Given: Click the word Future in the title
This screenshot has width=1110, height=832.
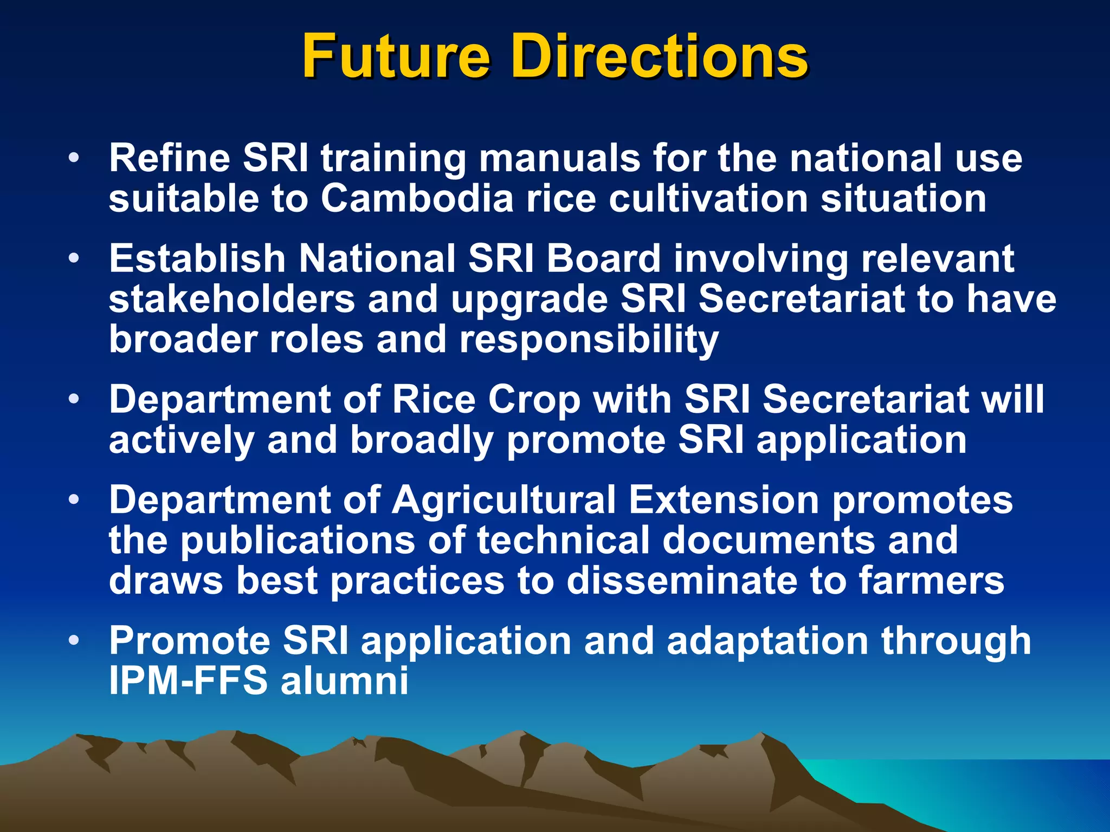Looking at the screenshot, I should coord(396,56).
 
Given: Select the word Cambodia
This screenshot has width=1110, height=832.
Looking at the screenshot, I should coord(416,198).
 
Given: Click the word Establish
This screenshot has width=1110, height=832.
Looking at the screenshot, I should coord(197,258).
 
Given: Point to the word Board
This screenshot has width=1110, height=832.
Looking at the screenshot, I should coord(603,258).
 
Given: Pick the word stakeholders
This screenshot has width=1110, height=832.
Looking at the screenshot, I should coord(231,299).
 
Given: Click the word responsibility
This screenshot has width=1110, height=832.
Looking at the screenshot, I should coord(589,340).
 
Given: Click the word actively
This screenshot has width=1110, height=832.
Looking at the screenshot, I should coord(182,440).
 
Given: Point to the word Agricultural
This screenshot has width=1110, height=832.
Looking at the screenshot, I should coord(504,500).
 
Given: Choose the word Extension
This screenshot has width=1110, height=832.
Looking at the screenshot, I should coord(724,500).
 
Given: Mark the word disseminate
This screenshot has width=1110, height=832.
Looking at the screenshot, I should coord(681,581).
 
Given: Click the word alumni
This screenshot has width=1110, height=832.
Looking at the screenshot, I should coord(345,681).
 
